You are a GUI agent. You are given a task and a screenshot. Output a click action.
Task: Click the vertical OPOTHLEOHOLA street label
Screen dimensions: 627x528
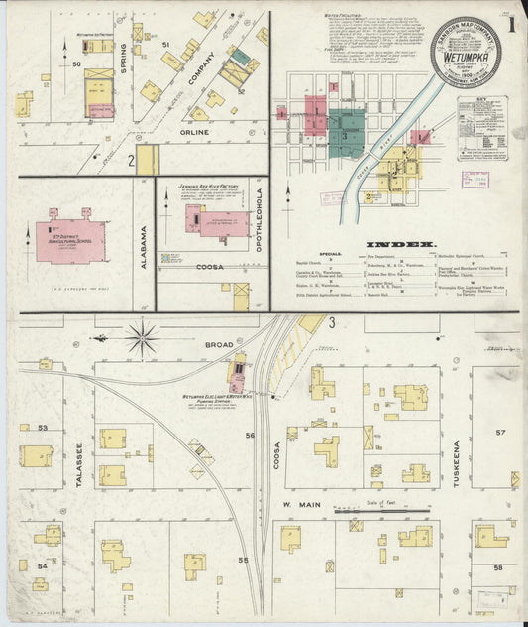point(260,219)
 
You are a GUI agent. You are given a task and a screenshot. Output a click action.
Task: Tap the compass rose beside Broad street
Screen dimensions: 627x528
point(144,338)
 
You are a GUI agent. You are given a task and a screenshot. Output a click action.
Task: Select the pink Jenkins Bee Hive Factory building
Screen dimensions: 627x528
point(216,219)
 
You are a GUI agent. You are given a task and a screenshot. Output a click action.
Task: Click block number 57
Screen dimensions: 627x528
point(501,432)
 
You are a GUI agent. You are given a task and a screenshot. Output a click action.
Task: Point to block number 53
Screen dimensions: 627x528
point(42,428)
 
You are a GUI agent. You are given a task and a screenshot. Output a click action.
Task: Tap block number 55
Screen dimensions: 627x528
point(243,561)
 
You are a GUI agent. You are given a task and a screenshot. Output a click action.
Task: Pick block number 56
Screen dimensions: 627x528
point(251,436)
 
